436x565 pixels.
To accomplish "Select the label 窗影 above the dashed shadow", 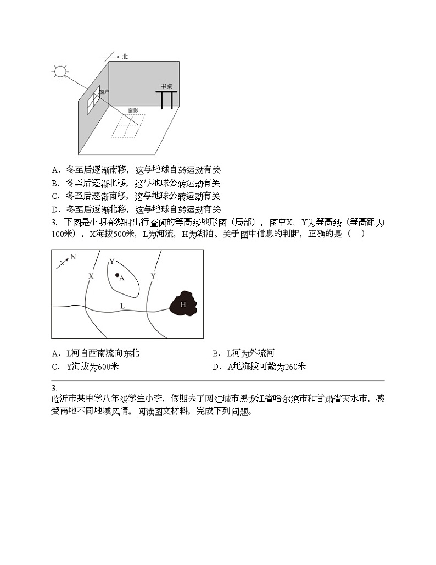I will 133,110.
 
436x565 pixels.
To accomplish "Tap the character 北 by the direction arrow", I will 125,56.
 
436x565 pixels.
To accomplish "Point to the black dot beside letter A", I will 116,275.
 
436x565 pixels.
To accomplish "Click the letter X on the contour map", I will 91,276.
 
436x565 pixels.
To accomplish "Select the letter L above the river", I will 122,306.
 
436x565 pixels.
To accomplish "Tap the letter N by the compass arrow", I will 73,257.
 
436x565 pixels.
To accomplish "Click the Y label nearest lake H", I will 153,275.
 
